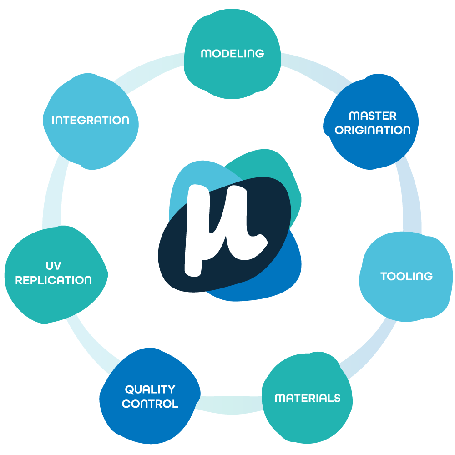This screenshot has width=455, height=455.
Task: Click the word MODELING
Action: coord(232,53)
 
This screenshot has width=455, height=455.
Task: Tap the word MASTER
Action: coord(372,116)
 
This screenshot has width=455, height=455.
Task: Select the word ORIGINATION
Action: coord(373,130)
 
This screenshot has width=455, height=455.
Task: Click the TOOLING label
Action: coord(406,276)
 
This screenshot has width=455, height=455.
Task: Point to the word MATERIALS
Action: coord(308,398)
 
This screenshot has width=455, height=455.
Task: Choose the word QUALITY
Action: coord(150,389)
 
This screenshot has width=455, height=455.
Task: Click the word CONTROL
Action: coord(150,404)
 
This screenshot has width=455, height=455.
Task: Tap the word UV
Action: coord(54,266)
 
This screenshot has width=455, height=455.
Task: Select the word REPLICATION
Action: coord(54,280)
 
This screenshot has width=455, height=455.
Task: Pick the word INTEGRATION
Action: coord(91,121)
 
